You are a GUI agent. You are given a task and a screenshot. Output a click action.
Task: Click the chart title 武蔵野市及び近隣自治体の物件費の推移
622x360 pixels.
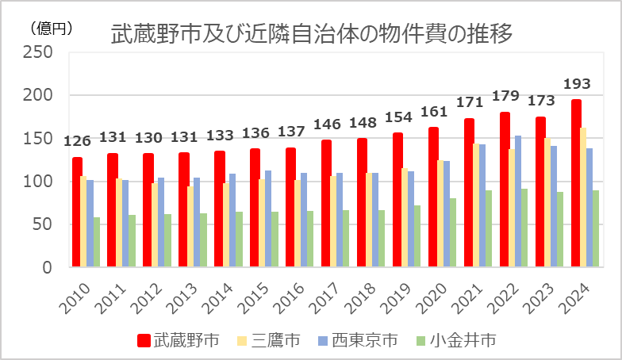pyautogui.click(x=311, y=34)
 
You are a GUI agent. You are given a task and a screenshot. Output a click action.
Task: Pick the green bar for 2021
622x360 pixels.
pyautogui.click(x=490, y=229)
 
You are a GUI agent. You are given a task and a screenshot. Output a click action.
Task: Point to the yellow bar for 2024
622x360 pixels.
pyautogui.click(x=585, y=197)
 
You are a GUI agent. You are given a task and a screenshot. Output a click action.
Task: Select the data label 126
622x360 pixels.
pyautogui.click(x=77, y=142)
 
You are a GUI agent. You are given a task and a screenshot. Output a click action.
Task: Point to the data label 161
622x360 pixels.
pyautogui.click(x=433, y=111)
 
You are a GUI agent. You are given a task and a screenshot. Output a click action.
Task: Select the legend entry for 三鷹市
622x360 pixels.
pyautogui.click(x=268, y=341)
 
